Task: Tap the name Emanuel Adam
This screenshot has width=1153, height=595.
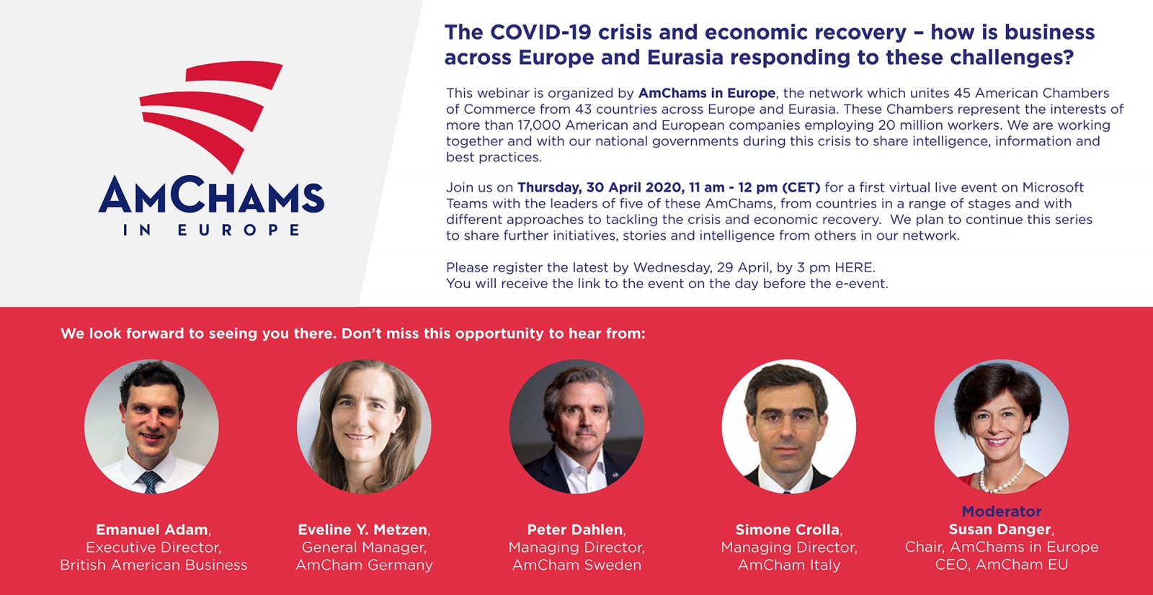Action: click(x=152, y=529)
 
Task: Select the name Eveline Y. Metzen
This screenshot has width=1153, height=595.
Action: click(x=363, y=529)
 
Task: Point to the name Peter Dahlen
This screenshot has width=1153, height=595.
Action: click(x=575, y=529)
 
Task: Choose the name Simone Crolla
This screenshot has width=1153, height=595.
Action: click(x=788, y=529)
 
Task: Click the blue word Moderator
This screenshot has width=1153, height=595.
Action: click(x=1002, y=511)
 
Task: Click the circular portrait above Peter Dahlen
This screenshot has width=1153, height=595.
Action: click(x=576, y=426)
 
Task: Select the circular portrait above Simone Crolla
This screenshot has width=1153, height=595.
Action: click(x=789, y=426)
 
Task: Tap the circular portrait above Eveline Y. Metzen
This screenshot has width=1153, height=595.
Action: click(x=364, y=426)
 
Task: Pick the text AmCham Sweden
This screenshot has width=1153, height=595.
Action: click(x=576, y=565)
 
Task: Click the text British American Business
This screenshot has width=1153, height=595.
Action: click(x=153, y=565)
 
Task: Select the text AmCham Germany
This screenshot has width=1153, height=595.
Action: click(x=364, y=565)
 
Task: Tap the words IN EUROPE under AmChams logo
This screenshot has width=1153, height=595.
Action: click(x=211, y=230)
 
